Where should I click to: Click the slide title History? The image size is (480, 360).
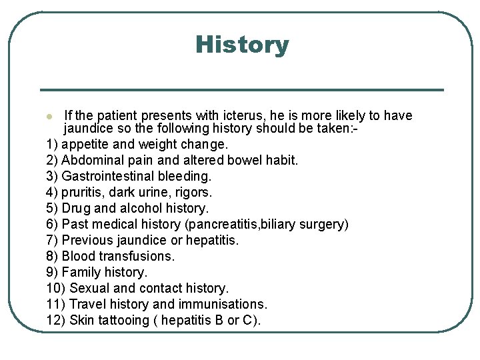pos(242,45)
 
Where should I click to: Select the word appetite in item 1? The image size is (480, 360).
pos(85,145)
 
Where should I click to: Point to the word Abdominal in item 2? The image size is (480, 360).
pos(90,160)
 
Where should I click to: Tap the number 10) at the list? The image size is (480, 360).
pos(56,288)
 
